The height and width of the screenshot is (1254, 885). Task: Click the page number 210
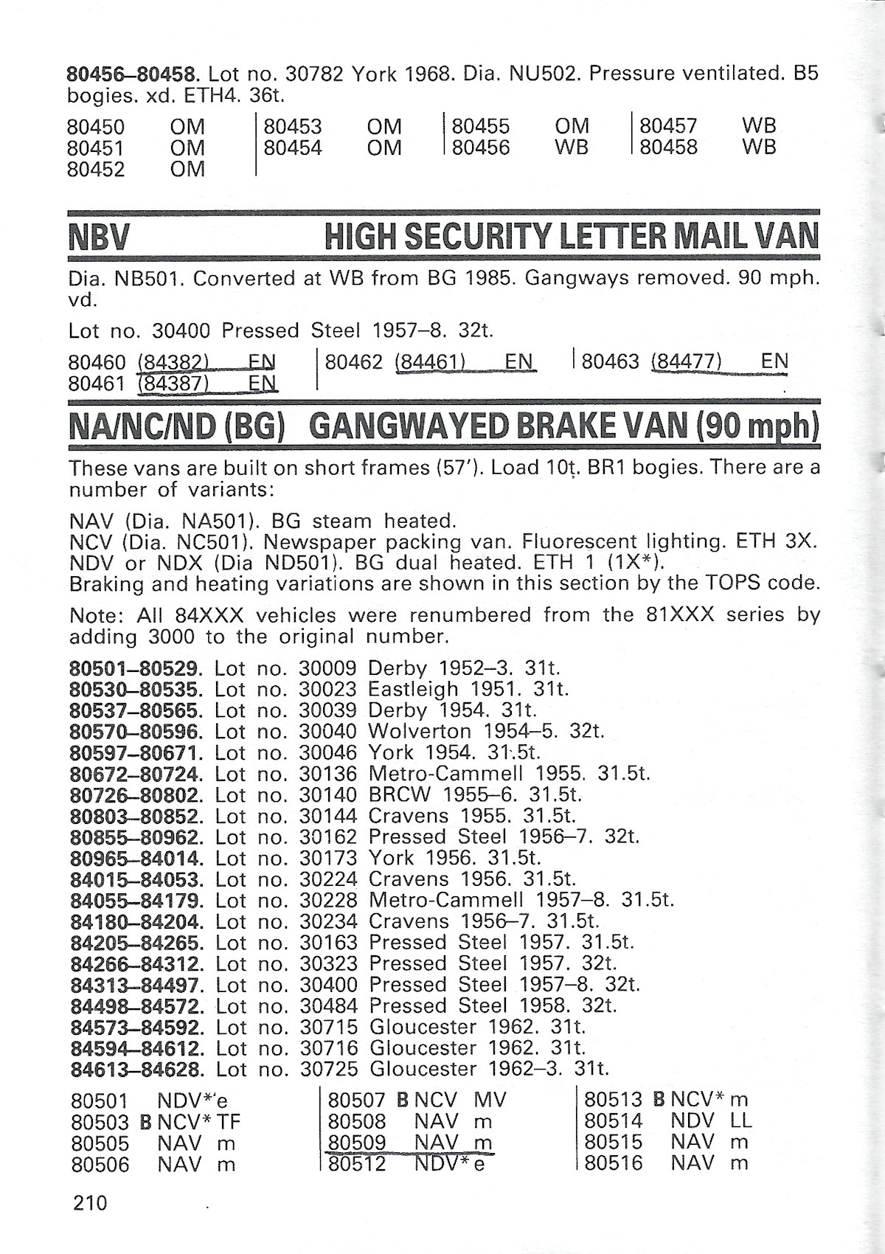point(90,1203)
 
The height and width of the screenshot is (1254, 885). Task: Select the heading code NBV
point(99,237)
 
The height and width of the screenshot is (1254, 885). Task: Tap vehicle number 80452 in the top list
point(96,170)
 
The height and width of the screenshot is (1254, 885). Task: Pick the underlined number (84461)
point(430,361)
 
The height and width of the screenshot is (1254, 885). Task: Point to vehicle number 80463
point(611,361)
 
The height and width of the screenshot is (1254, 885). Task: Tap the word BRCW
point(397,795)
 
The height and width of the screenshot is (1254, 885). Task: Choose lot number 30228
point(328,900)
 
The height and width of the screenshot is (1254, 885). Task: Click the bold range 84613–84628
point(137,1068)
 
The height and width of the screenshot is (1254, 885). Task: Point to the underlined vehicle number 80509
point(358,1143)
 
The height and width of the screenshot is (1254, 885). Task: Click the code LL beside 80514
point(740,1121)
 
